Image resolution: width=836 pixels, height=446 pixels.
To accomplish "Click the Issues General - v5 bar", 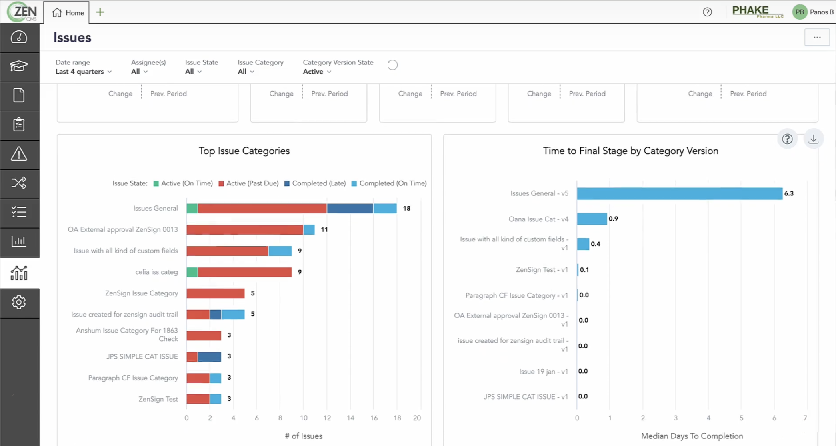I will pyautogui.click(x=679, y=193).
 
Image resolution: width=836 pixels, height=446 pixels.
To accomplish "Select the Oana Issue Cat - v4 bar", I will pyautogui.click(x=592, y=219).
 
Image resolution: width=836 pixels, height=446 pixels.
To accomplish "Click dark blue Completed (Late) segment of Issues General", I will pyautogui.click(x=350, y=208).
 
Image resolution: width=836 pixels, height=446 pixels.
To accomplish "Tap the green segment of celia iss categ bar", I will pyautogui.click(x=192, y=272).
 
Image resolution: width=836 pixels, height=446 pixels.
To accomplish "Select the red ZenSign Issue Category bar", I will pyautogui.click(x=215, y=293).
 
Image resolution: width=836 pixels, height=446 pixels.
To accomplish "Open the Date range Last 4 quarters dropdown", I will pyautogui.click(x=83, y=72).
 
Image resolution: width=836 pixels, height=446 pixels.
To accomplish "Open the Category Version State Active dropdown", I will pyautogui.click(x=317, y=72).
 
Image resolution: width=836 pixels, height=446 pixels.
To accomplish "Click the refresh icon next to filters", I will pyautogui.click(x=392, y=65).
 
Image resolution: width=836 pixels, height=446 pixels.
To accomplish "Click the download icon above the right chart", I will pyautogui.click(x=813, y=139).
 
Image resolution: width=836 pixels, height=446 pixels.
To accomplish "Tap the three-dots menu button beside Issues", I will pyautogui.click(x=817, y=37).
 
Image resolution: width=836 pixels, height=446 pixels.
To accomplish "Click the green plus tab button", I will pyautogui.click(x=100, y=12).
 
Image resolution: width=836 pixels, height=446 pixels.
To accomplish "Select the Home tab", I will pyautogui.click(x=68, y=12).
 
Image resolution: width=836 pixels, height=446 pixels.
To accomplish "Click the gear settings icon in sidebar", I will pyautogui.click(x=19, y=303).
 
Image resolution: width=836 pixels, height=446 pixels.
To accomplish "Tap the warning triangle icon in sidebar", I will pyautogui.click(x=19, y=154).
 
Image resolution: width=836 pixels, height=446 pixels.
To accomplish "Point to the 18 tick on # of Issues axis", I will pyautogui.click(x=397, y=418).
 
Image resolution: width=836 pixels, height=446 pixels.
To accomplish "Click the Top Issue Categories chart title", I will pyautogui.click(x=244, y=151).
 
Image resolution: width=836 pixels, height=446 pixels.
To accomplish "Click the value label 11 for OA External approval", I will pyautogui.click(x=324, y=230).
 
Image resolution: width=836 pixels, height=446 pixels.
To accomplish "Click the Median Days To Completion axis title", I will pyautogui.click(x=692, y=436).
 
